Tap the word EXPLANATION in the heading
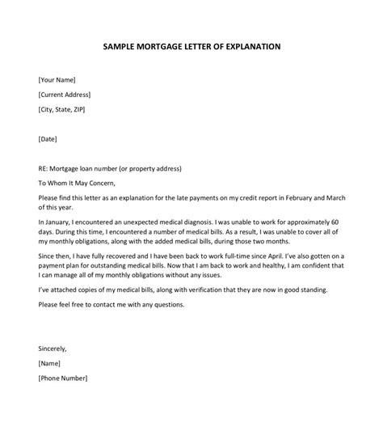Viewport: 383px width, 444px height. point(250,47)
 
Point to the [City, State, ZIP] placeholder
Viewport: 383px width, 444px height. point(68,110)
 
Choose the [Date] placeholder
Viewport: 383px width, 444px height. point(48,139)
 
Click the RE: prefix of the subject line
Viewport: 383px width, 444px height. point(44,168)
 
